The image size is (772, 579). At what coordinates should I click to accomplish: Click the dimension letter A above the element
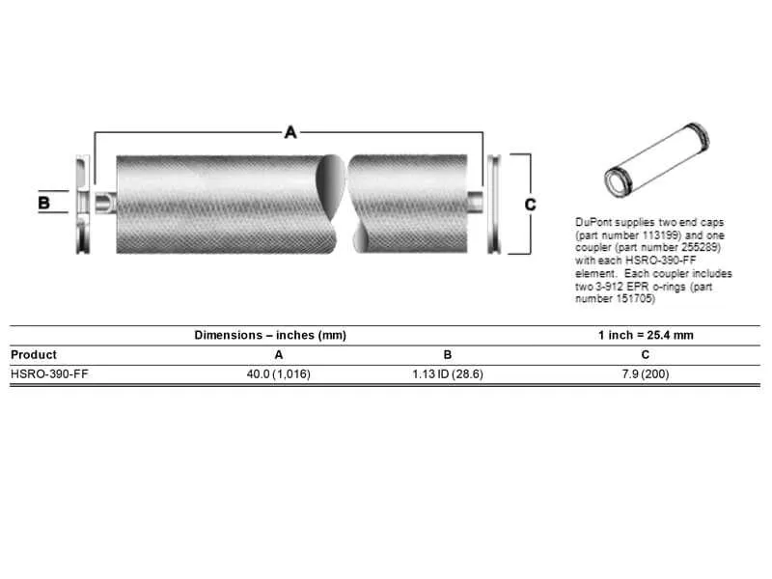click(x=290, y=132)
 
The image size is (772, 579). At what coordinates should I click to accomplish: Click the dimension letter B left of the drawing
click(x=43, y=204)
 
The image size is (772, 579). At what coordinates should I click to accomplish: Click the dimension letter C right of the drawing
click(x=530, y=204)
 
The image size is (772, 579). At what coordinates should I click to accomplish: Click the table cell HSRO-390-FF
click(x=41, y=373)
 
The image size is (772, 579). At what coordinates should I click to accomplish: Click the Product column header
click(x=34, y=354)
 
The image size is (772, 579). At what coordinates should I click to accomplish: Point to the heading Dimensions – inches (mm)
click(x=270, y=335)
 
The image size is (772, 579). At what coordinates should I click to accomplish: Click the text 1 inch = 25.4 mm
click(x=646, y=335)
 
